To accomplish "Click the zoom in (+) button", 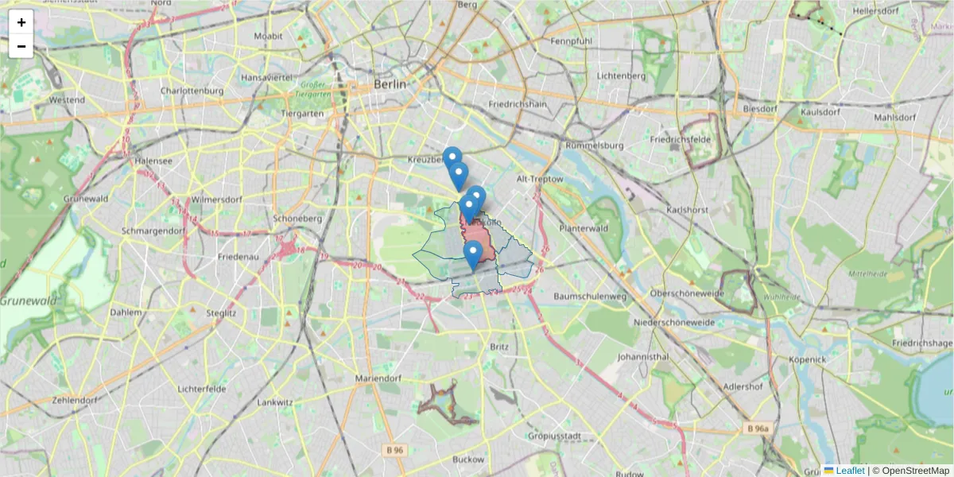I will [x=21, y=22].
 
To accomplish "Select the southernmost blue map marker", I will [x=473, y=254].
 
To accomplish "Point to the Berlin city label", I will [x=390, y=84].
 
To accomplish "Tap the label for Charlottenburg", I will [x=192, y=91].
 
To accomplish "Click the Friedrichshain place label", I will [x=518, y=104].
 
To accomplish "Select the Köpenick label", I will [x=809, y=359].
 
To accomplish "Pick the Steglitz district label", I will [x=219, y=313].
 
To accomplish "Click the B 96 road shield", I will [x=395, y=450].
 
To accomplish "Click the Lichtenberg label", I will [x=620, y=76].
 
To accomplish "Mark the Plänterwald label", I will [x=583, y=228].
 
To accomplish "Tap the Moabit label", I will [x=268, y=37].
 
